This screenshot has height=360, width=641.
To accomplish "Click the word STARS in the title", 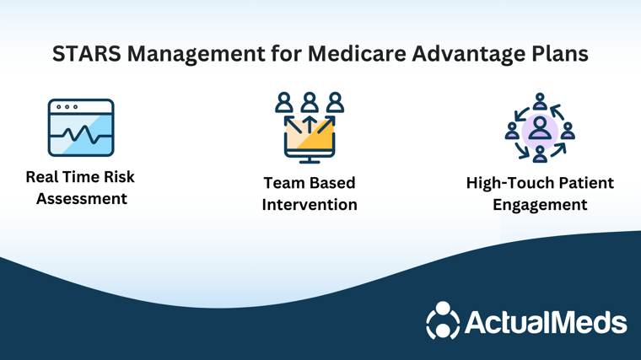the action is click(x=87, y=53).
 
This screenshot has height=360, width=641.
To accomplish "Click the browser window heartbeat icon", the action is click(x=81, y=127).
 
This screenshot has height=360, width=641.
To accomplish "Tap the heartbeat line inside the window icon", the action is click(x=81, y=134).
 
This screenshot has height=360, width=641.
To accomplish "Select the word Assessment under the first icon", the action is click(x=81, y=199).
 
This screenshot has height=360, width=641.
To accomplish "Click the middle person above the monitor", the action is click(x=310, y=102).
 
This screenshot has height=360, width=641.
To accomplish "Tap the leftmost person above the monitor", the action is click(x=284, y=102).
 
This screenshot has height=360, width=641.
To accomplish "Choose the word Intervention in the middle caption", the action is click(x=310, y=205).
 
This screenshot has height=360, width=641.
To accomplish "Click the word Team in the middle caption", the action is click(x=282, y=183).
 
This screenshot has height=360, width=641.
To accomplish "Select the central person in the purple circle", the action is click(x=540, y=128).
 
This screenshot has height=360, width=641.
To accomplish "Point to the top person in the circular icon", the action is click(x=540, y=101).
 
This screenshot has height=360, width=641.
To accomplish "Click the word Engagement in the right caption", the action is click(x=540, y=205).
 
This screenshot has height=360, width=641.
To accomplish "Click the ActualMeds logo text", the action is click(x=546, y=322).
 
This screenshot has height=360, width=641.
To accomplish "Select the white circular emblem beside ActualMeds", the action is click(x=443, y=320).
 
